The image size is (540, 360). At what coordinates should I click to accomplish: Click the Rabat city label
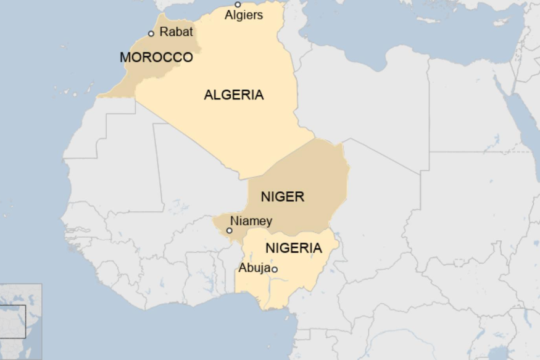[x=176, y=31]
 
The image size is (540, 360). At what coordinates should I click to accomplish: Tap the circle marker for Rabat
[x=151, y=33]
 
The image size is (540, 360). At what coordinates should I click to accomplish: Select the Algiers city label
[x=243, y=15]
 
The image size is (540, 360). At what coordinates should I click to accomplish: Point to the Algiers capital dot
[x=238, y=4]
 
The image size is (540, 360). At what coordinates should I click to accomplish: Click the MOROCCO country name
[x=156, y=57]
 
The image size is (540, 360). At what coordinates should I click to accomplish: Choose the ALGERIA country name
[x=233, y=95]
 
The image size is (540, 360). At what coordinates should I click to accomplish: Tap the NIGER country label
[x=282, y=197]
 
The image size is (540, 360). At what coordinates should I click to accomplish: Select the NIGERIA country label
[x=293, y=248]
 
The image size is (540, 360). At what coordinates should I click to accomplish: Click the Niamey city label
[x=251, y=221]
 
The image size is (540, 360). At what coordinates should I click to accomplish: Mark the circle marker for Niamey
[x=230, y=230]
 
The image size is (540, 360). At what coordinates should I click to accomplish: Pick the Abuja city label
[x=254, y=269]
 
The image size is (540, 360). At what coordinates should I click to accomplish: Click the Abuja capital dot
[x=275, y=269]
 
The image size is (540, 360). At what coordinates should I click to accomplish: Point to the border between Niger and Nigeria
[x=290, y=233]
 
